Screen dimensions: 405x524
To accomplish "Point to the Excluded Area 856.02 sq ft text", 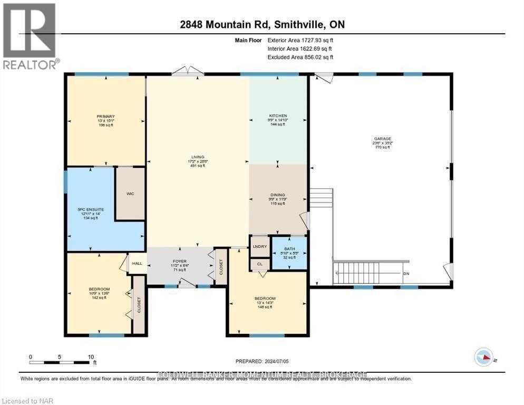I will (300, 57).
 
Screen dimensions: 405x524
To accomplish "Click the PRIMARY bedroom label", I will (105, 117).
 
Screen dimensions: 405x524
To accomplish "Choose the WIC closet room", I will (130, 194).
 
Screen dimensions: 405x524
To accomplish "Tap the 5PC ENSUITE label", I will (91, 209).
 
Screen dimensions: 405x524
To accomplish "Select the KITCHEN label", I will (278, 116).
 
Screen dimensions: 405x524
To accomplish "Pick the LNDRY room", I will (259, 246).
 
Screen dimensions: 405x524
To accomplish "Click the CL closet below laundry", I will (259, 264).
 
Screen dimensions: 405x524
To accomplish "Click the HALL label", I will (137, 263).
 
